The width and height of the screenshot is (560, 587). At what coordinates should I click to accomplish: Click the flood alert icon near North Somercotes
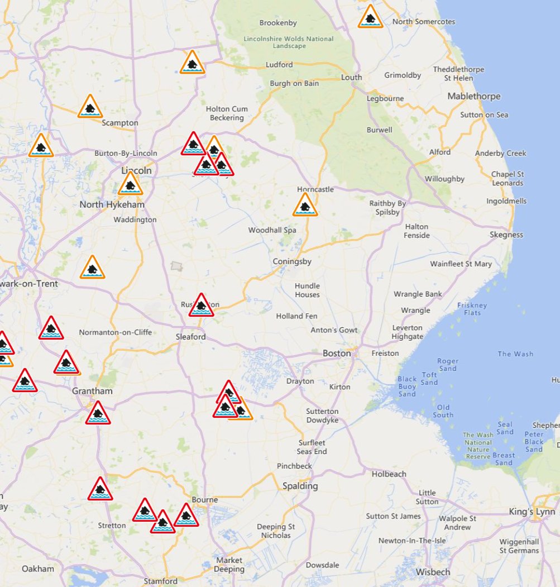pos(370,17)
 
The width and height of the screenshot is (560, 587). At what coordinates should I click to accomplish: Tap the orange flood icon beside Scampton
pos(89,107)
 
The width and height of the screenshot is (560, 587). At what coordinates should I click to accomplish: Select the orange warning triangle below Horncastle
pos(305,206)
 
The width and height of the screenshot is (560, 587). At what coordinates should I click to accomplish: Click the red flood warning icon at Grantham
pos(98,413)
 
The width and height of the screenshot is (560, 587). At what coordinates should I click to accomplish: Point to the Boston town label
pos(337,353)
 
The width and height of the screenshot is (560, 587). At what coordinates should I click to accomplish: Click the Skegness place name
pos(506,235)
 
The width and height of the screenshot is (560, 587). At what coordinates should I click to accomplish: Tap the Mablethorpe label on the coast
pos(474,96)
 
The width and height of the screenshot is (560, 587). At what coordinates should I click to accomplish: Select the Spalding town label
pos(300,486)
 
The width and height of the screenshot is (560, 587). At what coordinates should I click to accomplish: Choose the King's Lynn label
pos(532,512)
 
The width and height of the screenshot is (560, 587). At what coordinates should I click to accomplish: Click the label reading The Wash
pos(515,354)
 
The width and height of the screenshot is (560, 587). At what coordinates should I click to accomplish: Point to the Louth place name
pos(351,77)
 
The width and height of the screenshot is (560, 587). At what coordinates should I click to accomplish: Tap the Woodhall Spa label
pos(272,230)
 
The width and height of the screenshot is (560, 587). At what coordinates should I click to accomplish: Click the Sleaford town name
pos(190,337)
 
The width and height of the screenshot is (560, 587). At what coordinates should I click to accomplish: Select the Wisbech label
pos(433,572)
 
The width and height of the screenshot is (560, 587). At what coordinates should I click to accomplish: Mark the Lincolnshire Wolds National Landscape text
pos(289,42)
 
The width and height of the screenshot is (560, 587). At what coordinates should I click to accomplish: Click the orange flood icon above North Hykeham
pos(130,184)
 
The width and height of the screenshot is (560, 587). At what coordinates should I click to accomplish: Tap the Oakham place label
pos(38,569)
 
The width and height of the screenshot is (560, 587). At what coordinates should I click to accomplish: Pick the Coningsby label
pos(292,261)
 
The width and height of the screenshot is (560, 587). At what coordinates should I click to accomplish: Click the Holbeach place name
pos(389,474)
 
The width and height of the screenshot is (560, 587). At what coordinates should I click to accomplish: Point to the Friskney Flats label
pos(472,309)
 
